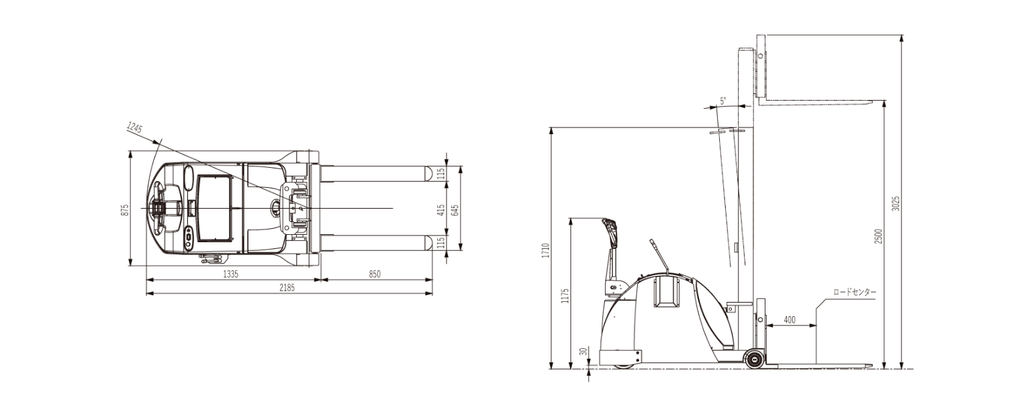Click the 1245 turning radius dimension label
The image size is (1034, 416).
click(x=134, y=127)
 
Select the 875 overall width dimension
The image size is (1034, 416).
click(x=124, y=210)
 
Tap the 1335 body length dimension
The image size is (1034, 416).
click(x=231, y=274)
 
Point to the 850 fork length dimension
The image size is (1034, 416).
click(x=375, y=274)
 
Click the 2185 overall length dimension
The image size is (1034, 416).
click(x=287, y=288)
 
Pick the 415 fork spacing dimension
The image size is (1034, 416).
click(x=441, y=210)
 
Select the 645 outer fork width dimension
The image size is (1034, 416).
click(x=455, y=210)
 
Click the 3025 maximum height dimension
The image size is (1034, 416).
click(x=896, y=204)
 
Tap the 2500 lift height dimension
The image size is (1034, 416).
click(x=878, y=237)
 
